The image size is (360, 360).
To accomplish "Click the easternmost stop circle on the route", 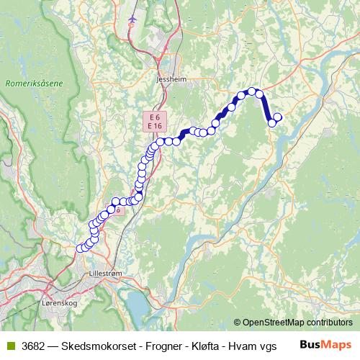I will point(278,117).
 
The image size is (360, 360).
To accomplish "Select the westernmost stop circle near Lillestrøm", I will point(80,248).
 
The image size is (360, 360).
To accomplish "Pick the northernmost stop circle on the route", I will point(253,91).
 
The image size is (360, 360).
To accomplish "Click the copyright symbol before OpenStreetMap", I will point(238,323).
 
